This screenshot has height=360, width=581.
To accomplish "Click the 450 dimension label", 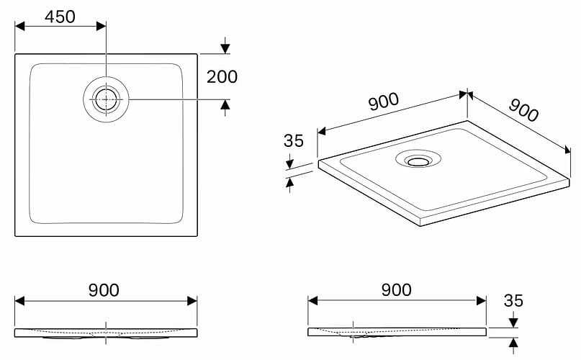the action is click(60, 17).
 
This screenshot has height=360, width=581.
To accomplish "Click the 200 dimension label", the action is click(222, 77).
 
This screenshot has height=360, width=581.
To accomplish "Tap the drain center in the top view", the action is click(106, 99).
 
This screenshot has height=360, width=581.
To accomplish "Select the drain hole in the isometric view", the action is click(418, 161).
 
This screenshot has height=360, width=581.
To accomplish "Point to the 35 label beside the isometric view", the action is click(294, 140).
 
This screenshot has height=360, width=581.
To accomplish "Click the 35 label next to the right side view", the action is click(513, 301).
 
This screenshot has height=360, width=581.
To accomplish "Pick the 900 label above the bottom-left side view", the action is click(104, 290).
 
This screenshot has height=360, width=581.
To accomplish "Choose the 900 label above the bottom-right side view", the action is click(397, 289).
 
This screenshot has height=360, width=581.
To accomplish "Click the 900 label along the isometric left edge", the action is click(384, 102).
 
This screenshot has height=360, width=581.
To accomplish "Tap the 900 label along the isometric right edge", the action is click(523, 110).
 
